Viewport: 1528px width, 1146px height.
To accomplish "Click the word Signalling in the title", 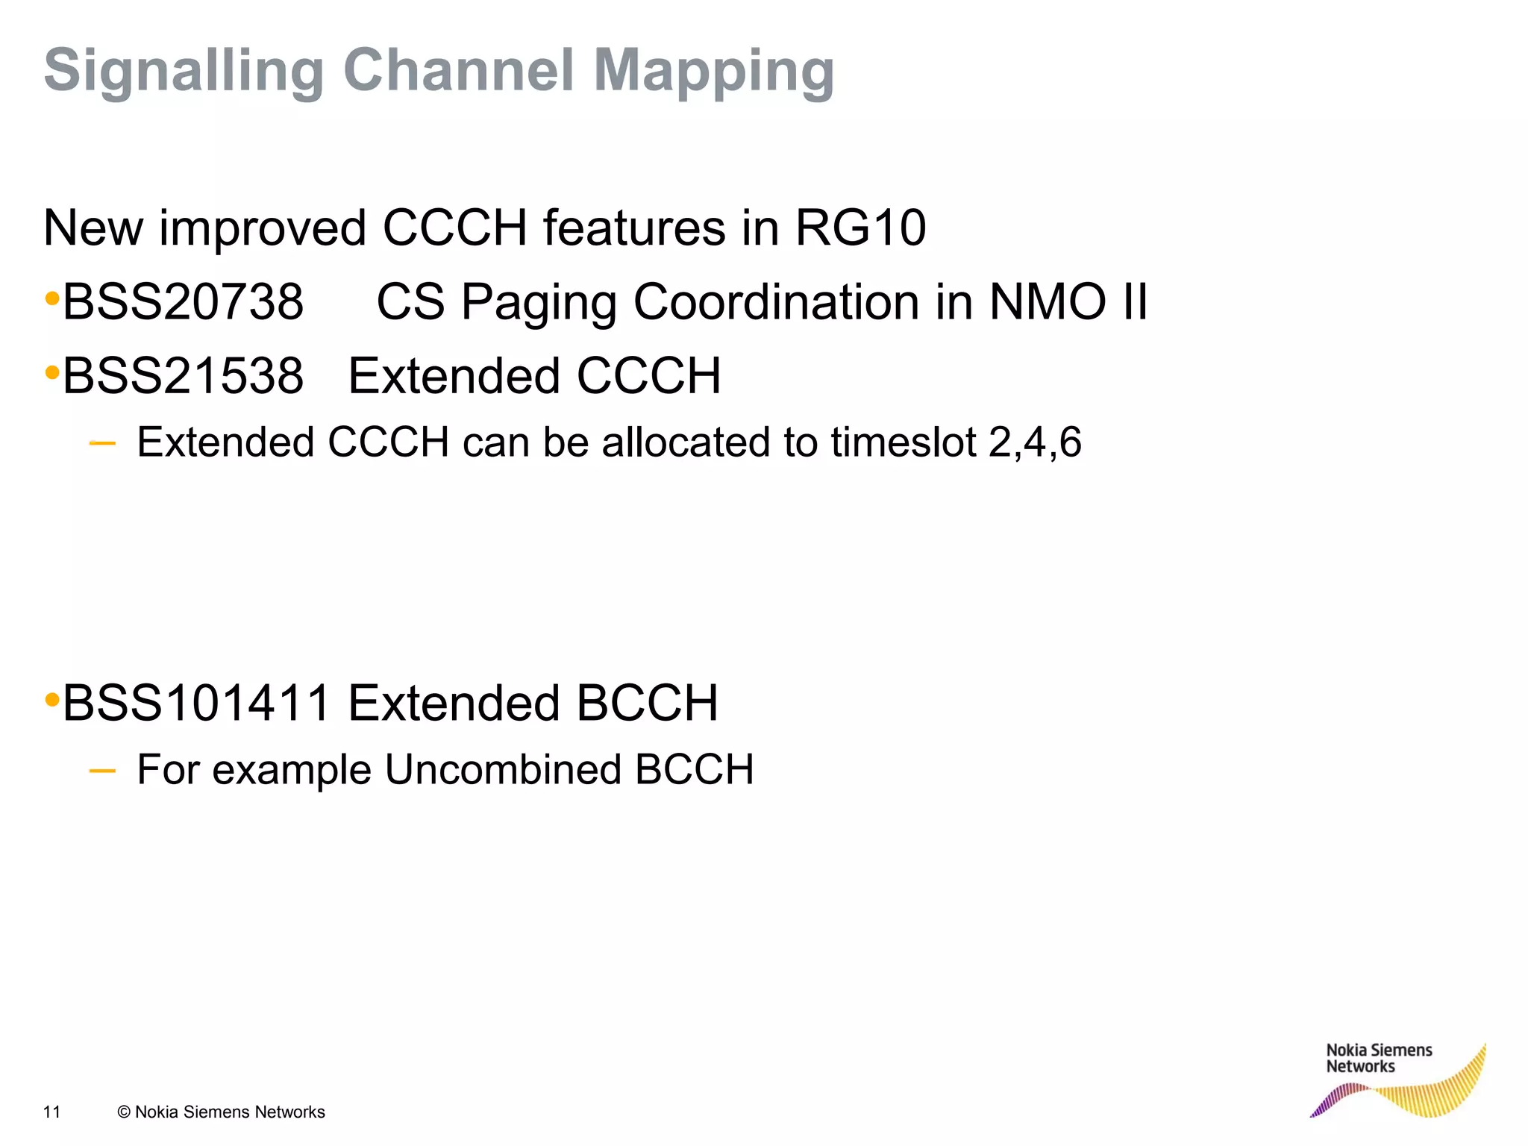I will tap(184, 72).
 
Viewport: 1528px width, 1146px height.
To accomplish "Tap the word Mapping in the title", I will tap(714, 72).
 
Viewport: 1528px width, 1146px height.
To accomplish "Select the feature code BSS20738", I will tap(183, 302).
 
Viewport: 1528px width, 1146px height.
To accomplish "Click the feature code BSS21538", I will tap(183, 375).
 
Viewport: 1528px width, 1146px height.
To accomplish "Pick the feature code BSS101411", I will tap(196, 703).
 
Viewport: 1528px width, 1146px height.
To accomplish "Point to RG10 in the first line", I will tap(860, 228).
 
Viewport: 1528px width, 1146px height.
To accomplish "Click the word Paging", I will tap(539, 304).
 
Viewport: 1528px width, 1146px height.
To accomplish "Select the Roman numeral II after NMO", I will tap(1134, 302).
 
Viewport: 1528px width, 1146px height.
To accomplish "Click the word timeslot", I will tap(904, 442).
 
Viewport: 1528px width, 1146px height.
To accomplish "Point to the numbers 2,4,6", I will tap(1035, 442).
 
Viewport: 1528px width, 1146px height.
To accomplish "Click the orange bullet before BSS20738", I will tap(52, 300).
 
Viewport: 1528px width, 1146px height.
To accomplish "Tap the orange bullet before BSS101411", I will tap(52, 701).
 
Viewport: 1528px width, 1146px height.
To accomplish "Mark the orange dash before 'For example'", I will tap(102, 771).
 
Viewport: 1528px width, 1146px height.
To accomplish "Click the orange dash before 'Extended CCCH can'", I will tap(102, 444).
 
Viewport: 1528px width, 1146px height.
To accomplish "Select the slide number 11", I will tap(51, 1112).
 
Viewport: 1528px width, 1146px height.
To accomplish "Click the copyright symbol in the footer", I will tap(124, 1112).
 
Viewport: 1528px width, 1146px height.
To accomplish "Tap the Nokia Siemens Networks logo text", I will tap(1379, 1058).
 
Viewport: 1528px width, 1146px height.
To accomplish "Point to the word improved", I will tap(263, 228).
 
